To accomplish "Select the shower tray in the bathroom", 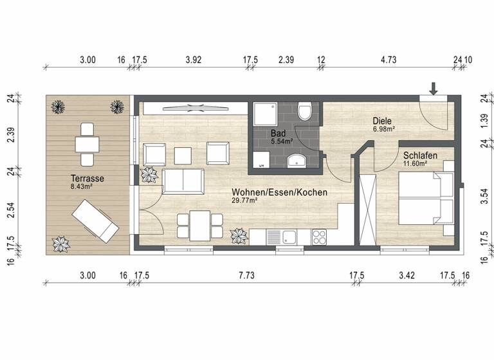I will [265, 114].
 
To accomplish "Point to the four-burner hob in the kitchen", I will [320, 237].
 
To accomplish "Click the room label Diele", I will [382, 121].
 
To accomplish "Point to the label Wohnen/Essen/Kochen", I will [280, 192].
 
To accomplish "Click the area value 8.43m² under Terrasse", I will [81, 187].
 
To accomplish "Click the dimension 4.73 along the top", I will [388, 59].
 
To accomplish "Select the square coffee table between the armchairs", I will [183, 154].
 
